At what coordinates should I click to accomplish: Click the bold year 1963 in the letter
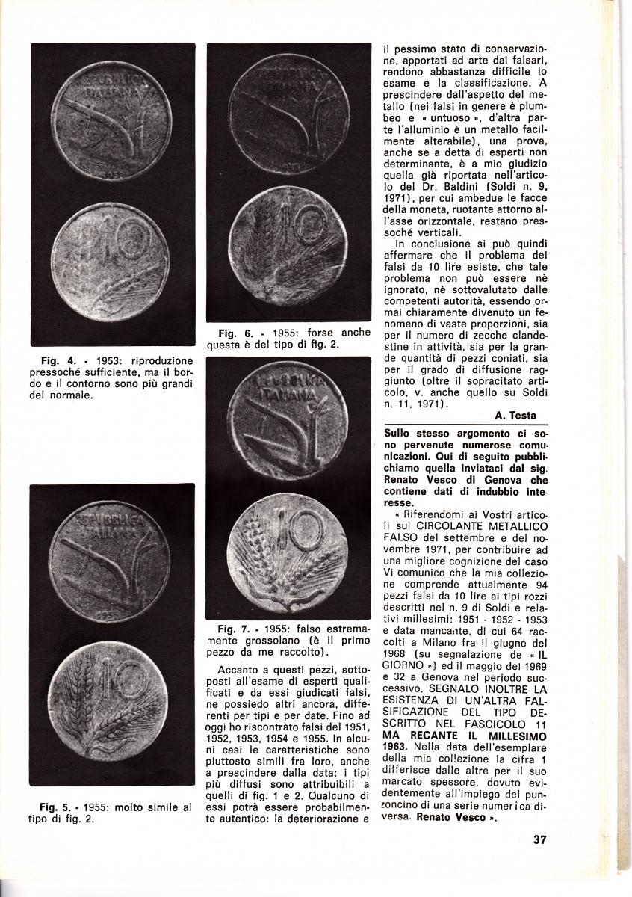click(x=395, y=747)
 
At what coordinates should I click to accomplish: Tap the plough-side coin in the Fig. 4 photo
click(x=112, y=120)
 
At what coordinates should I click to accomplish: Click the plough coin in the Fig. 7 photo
click(x=288, y=423)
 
